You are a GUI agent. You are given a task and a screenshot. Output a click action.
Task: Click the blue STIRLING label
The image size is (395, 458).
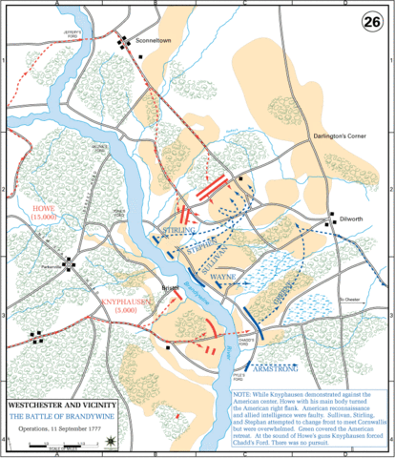[x=178, y=232]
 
